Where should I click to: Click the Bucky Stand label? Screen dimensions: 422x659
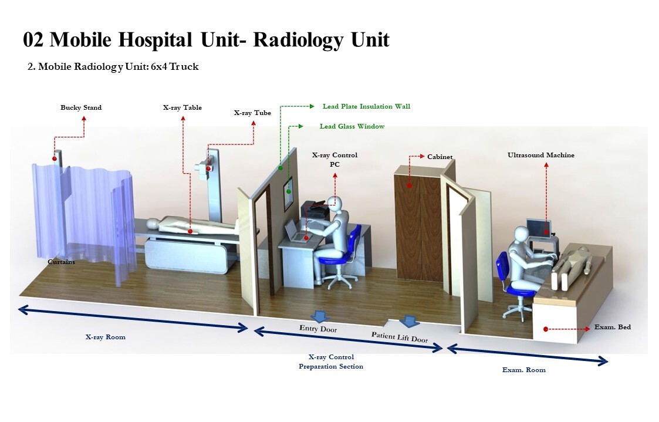point(81,107)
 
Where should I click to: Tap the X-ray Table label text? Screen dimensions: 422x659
point(182,107)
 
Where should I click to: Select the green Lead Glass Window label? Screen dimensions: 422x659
point(352,126)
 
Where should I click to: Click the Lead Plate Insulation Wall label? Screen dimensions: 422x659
point(366,106)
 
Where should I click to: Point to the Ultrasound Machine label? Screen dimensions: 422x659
point(540,155)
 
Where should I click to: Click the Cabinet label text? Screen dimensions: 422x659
point(440,157)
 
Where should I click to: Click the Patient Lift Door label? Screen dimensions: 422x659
point(399,337)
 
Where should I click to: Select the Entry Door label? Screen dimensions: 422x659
point(318,329)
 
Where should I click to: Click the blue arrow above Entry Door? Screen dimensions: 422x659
point(319,316)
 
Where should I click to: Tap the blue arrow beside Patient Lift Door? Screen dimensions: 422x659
point(408,321)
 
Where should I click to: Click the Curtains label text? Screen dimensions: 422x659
point(61,262)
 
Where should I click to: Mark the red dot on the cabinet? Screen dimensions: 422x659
point(410,186)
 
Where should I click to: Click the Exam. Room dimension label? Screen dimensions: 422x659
point(523,370)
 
